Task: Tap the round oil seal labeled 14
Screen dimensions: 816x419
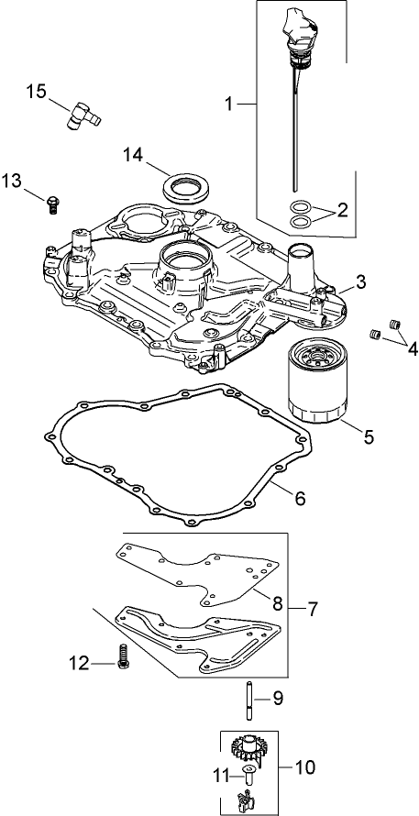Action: click(x=183, y=187)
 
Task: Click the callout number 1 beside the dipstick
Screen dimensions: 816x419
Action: click(x=230, y=105)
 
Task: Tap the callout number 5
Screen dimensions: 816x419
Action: click(x=368, y=437)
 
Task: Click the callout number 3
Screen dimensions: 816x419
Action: click(x=361, y=282)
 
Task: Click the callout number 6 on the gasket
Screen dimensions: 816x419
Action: click(x=299, y=499)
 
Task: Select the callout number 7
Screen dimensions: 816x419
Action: click(x=313, y=608)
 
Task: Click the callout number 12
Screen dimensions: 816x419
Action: click(x=79, y=663)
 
